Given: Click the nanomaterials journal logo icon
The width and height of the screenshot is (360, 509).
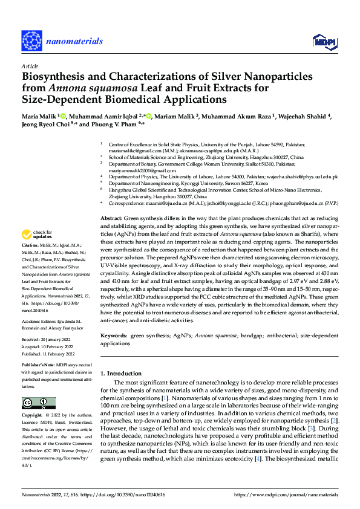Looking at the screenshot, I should point(31,41).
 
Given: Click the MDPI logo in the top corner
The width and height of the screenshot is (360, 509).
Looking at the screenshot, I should point(321,41).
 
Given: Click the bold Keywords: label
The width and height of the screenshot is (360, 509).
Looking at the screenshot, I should point(114,334).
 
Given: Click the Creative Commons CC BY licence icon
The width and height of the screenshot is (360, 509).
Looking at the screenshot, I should point(38,403).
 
